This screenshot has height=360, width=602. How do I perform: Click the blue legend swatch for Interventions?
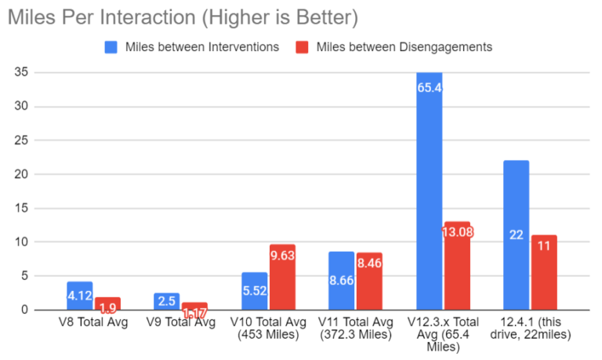click(112, 47)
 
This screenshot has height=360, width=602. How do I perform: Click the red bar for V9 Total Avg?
click(194, 306)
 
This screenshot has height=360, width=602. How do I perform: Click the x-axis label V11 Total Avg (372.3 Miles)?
click(356, 329)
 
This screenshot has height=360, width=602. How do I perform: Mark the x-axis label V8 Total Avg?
click(93, 322)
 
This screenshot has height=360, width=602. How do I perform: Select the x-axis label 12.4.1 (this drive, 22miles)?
click(530, 329)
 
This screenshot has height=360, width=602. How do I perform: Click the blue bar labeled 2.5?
click(167, 301)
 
